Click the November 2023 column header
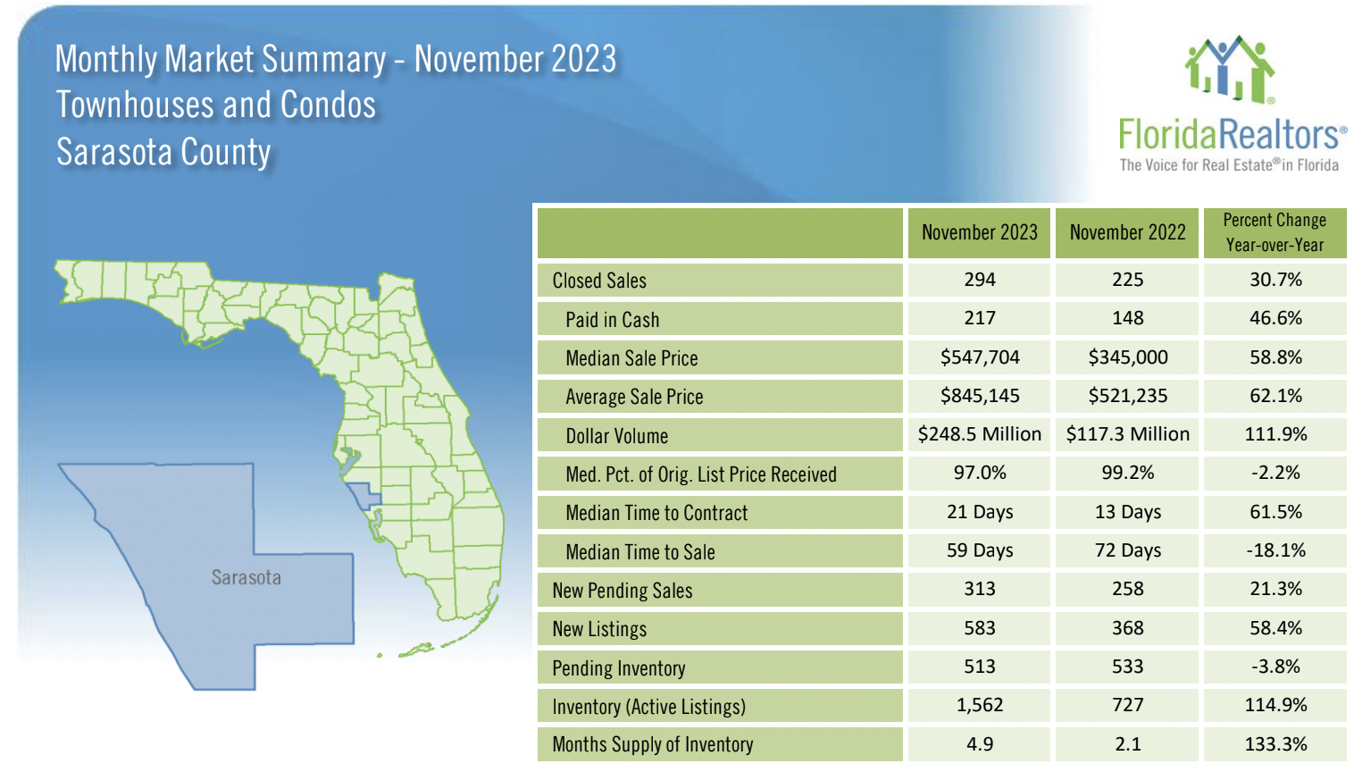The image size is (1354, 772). point(979,232)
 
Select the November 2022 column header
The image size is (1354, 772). point(1127,232)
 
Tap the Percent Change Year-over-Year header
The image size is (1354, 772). point(1275,232)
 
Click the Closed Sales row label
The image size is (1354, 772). point(599,281)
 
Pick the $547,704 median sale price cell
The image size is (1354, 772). point(980,357)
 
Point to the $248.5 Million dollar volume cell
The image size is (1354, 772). point(980,434)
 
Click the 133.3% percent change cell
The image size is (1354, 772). point(1275,744)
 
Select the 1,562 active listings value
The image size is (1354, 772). point(980,705)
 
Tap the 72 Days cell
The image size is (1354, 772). point(1127,550)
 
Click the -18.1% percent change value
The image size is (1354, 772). point(1275,550)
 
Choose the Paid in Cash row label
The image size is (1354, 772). point(612,320)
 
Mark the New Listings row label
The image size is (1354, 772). point(599,629)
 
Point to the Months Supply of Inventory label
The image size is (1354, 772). point(653,744)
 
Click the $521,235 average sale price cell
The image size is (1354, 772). point(1127,396)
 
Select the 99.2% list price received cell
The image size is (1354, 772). point(1127,473)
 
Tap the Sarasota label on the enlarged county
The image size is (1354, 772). point(247,578)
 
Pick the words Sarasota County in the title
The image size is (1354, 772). point(163,152)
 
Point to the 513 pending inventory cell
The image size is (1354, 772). point(980,667)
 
